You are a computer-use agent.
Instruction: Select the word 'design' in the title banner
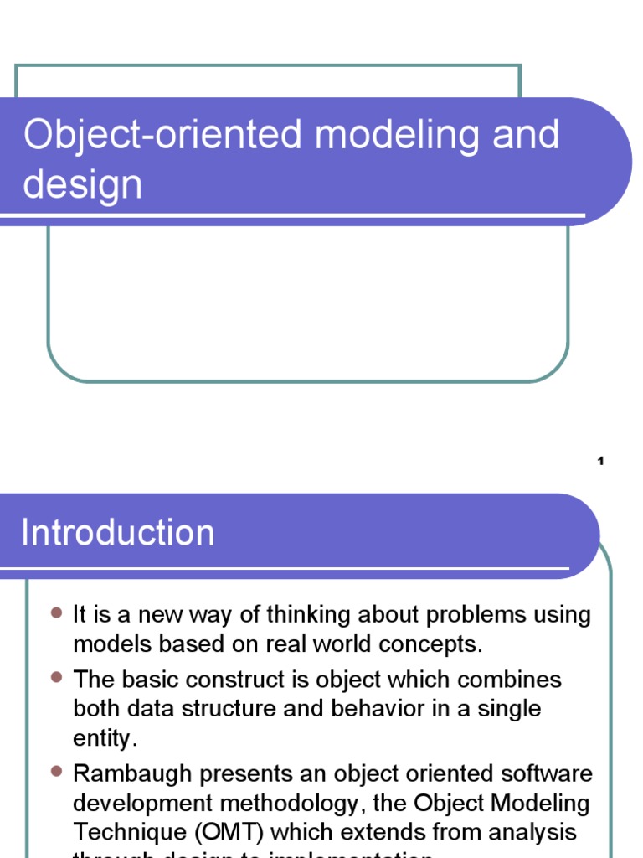click(82, 185)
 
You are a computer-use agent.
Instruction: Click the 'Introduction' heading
click(118, 533)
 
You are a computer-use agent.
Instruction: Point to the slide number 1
click(601, 461)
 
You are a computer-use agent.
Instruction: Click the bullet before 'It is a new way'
click(56, 614)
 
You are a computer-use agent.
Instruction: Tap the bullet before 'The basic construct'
click(56, 676)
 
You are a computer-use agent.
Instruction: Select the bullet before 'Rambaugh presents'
click(56, 770)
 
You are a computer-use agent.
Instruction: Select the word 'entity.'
click(104, 739)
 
